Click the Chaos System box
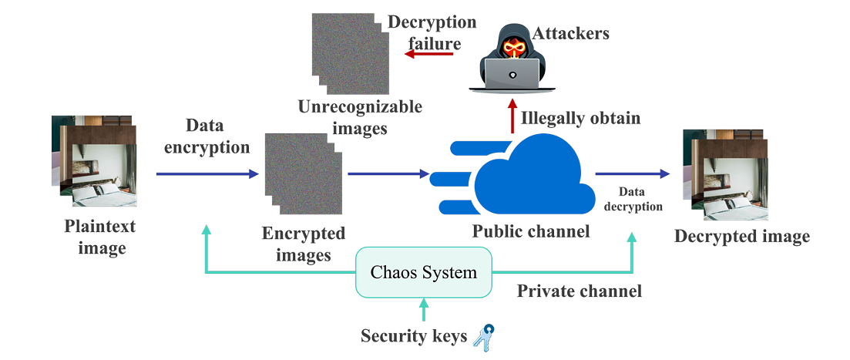click(423, 272)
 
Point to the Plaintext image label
click(101, 237)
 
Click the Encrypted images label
click(303, 244)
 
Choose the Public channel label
click(531, 231)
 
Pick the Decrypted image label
click(742, 236)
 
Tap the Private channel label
click(579, 291)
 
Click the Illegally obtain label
click(580, 118)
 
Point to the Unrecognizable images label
click(360, 116)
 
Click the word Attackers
click(571, 33)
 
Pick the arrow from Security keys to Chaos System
click(422, 309)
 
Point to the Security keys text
click(413, 336)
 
